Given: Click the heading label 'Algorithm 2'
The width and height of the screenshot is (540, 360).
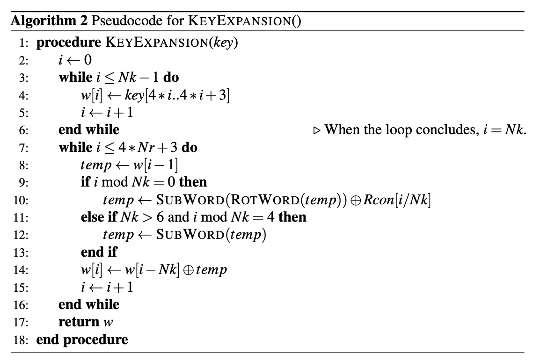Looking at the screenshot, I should [41, 22].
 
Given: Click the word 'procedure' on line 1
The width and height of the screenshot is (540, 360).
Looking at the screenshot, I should [68, 43].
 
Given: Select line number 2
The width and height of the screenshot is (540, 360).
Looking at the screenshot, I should [24, 60].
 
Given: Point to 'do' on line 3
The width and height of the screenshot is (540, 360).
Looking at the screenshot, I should [171, 78].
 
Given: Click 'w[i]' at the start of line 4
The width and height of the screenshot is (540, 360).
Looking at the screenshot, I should [89, 95].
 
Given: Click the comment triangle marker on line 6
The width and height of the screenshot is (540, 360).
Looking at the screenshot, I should [316, 130].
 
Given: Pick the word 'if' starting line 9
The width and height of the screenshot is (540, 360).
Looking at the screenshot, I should [85, 182].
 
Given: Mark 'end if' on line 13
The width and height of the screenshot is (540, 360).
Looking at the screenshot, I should [99, 252].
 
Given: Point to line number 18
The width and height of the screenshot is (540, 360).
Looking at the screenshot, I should [24, 339].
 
